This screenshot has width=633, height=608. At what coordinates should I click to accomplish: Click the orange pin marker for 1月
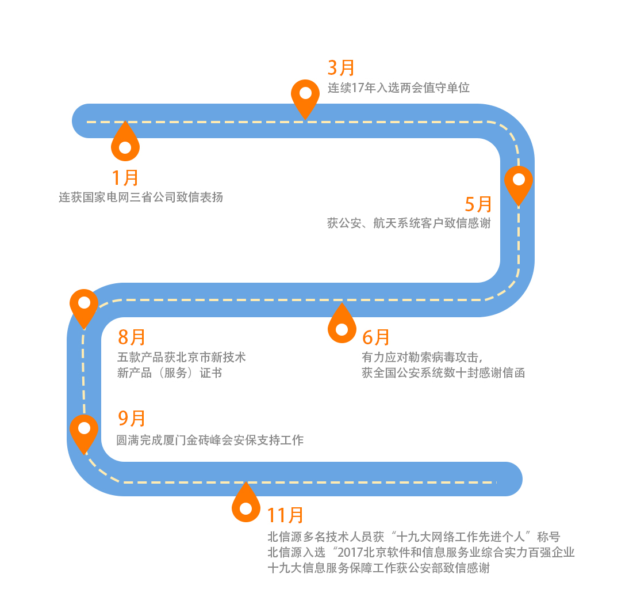(125, 144)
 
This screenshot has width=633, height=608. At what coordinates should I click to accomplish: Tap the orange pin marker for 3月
(305, 96)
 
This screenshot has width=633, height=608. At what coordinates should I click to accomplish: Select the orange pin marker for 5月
(519, 183)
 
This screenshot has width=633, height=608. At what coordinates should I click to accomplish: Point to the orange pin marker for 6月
(342, 326)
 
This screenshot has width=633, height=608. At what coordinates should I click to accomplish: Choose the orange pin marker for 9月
(84, 431)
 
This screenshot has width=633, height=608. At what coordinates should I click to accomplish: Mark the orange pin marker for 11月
(245, 505)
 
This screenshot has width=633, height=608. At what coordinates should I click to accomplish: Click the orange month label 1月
(125, 178)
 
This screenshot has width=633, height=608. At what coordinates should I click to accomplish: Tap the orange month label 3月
(341, 68)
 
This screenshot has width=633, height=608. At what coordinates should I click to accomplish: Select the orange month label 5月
(478, 204)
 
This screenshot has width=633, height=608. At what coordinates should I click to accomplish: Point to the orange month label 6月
(376, 337)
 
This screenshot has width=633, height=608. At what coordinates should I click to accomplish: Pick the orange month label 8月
(132, 337)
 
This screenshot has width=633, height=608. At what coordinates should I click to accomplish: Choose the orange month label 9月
(132, 419)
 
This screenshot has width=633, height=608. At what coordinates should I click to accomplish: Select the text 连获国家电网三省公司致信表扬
(141, 197)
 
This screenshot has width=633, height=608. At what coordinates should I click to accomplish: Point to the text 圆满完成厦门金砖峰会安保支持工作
(210, 440)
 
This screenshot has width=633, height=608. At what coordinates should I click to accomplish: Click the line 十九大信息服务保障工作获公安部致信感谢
(379, 568)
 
